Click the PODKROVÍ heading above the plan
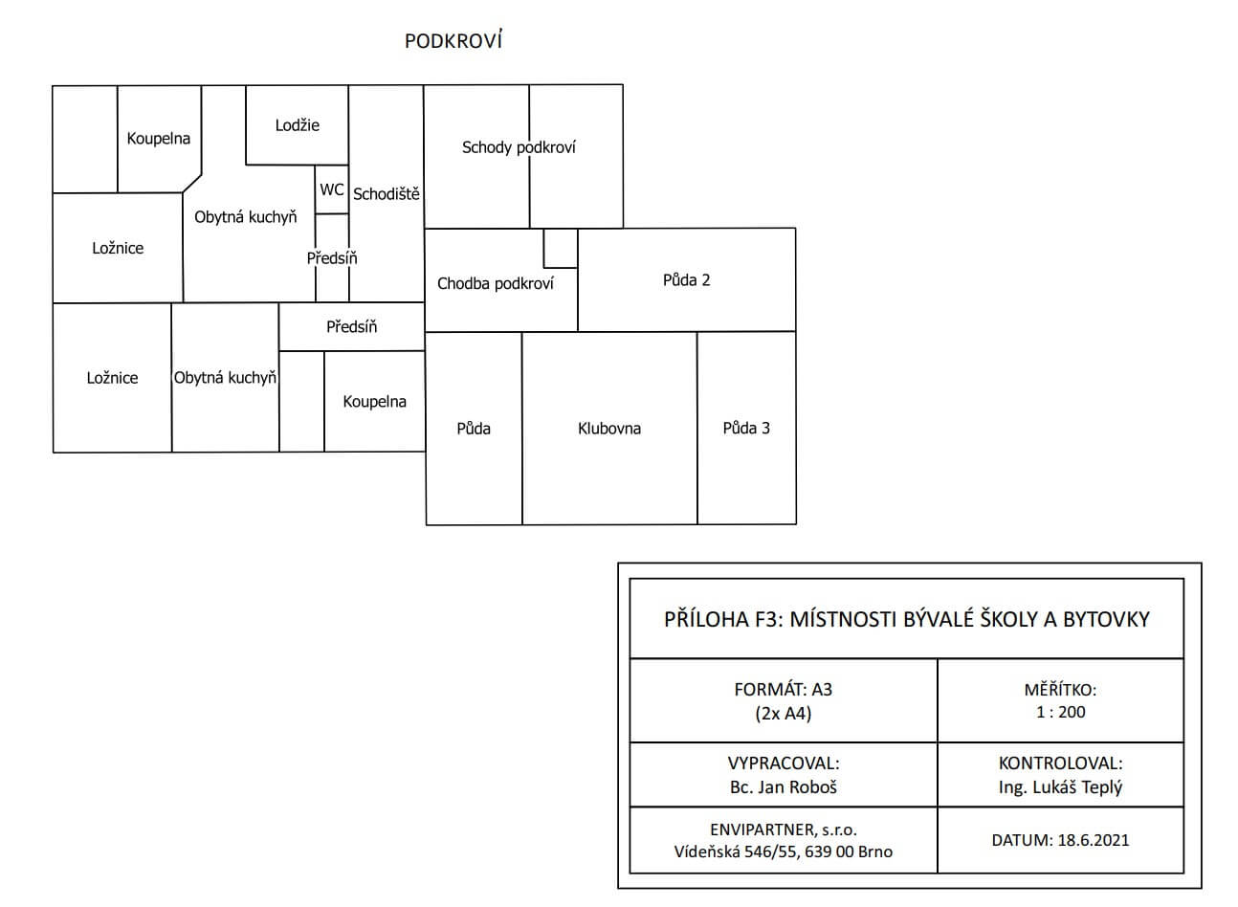(453, 41)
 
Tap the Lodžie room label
(298, 125)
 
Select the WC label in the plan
(332, 189)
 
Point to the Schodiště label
(387, 194)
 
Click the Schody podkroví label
(519, 147)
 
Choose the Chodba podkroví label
(496, 283)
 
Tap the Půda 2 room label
(687, 280)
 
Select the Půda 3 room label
(746, 428)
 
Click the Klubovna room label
(609, 428)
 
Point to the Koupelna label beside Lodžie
(159, 139)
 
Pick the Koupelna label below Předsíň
(375, 402)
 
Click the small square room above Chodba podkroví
(561, 249)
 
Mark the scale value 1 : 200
(1061, 712)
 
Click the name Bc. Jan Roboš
(784, 787)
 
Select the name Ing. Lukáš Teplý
(1060, 787)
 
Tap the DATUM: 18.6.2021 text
(1060, 840)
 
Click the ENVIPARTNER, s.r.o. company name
(784, 830)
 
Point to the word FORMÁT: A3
(784, 689)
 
